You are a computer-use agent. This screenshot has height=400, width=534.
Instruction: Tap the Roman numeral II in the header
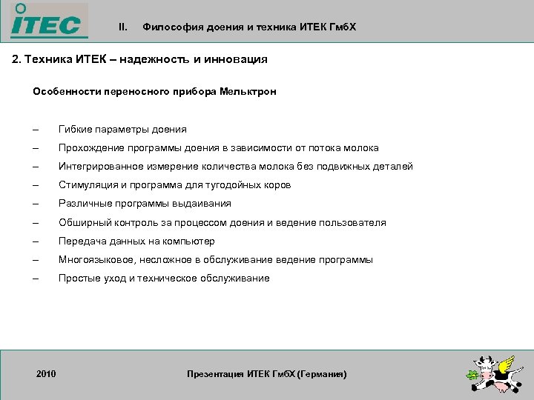click(x=123, y=27)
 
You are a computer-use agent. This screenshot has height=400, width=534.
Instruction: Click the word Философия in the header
click(x=170, y=27)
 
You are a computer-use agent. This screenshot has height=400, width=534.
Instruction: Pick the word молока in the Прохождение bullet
click(x=361, y=147)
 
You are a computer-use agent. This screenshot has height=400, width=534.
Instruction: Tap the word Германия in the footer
click(x=321, y=374)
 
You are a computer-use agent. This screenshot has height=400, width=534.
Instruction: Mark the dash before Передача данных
click(x=35, y=241)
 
